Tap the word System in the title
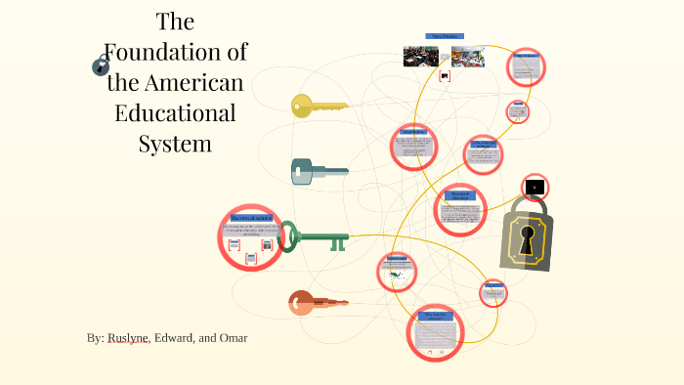coord(175,144)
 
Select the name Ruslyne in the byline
coord(128,338)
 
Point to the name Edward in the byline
coord(176,338)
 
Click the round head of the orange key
coord(300,303)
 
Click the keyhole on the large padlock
coord(528,240)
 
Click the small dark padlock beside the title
coord(101,66)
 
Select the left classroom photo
coord(420,56)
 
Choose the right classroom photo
coord(467,56)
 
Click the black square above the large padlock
coord(534,187)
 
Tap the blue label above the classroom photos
coord(444,36)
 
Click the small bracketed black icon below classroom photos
coord(445,75)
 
